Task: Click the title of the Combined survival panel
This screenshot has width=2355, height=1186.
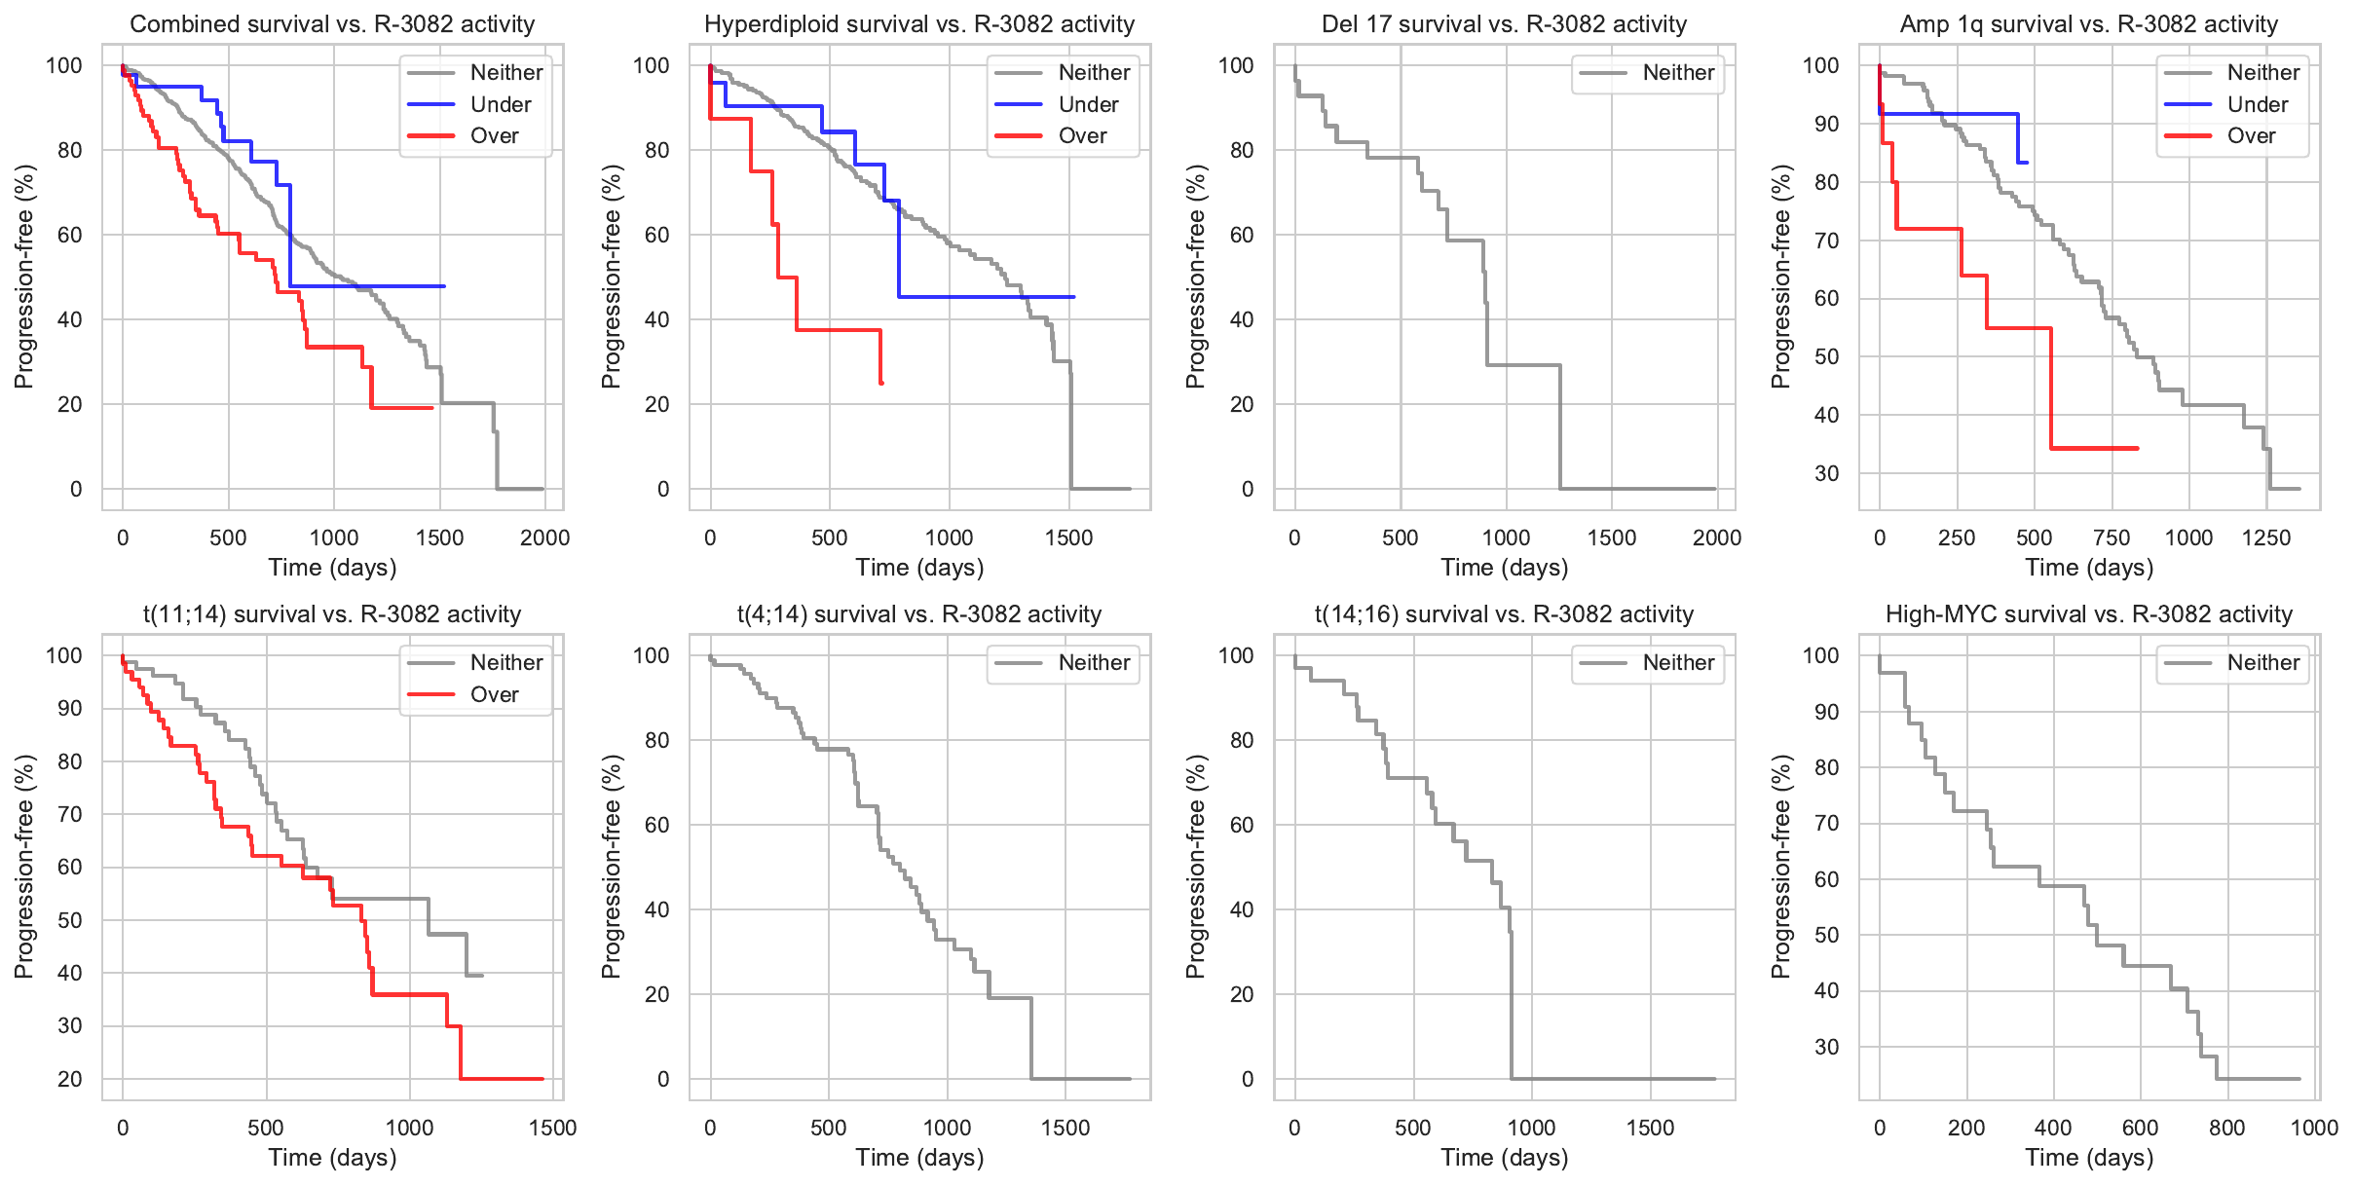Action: pyautogui.click(x=332, y=24)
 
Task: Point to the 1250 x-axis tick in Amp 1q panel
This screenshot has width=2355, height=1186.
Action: pyautogui.click(x=2266, y=538)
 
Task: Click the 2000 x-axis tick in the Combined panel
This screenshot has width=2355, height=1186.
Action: pyautogui.click(x=544, y=538)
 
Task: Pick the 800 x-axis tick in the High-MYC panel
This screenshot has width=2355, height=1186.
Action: pyautogui.click(x=2227, y=1129)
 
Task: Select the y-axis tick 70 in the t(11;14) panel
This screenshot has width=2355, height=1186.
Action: pyautogui.click(x=70, y=814)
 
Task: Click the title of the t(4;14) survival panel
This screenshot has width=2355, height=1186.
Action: pyautogui.click(x=919, y=614)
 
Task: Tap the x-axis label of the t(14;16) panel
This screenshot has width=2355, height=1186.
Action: pyautogui.click(x=1504, y=1158)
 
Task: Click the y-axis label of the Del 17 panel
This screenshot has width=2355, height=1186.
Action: pyautogui.click(x=1196, y=277)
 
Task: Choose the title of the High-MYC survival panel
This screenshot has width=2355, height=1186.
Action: pyautogui.click(x=2088, y=614)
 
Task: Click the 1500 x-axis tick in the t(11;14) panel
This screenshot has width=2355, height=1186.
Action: pyautogui.click(x=553, y=1129)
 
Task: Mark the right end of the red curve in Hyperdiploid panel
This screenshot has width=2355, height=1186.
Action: pyautogui.click(x=881, y=383)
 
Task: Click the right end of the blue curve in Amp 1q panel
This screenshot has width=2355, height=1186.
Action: pyautogui.click(x=2027, y=163)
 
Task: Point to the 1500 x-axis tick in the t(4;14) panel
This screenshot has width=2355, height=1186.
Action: pyautogui.click(x=1065, y=1129)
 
